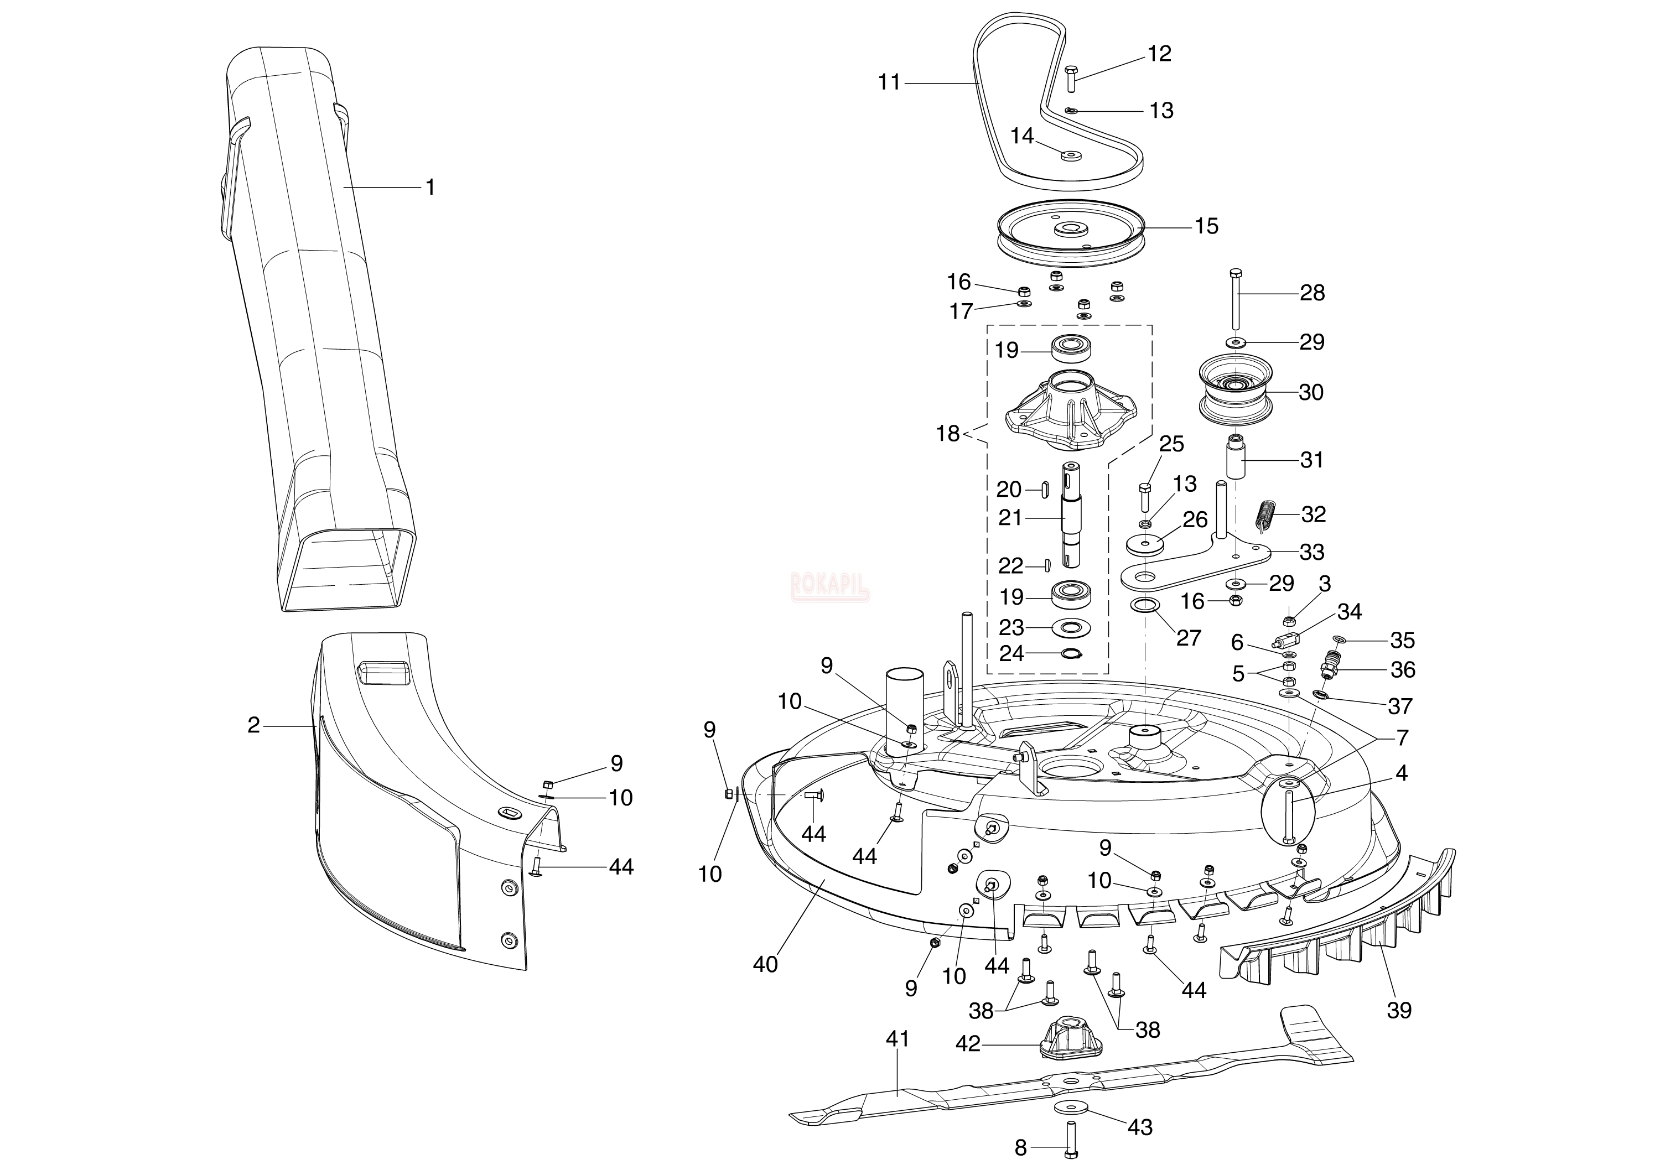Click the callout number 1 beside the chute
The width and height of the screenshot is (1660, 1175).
[x=430, y=188]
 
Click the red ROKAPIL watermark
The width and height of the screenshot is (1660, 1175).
[x=830, y=583]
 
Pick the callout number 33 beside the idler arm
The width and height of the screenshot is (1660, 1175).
[x=1311, y=552]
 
